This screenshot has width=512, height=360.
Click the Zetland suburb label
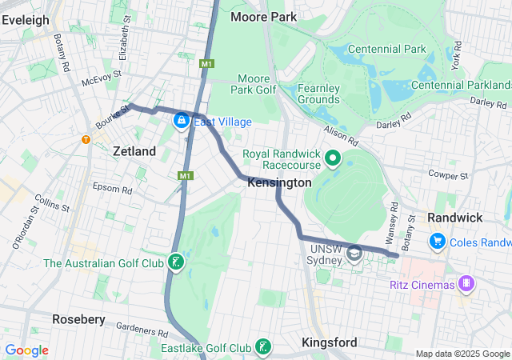pos(134,150)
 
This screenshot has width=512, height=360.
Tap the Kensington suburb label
pos(279,183)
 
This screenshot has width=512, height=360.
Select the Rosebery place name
pos(78,319)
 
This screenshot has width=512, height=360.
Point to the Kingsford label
pos(330,342)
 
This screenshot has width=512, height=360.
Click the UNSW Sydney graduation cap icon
pos(354,253)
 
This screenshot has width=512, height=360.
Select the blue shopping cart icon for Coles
pos(437,240)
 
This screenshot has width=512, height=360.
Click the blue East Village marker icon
pos(182,121)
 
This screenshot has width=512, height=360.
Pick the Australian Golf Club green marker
pos(175,262)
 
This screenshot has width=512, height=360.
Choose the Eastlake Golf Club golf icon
pos(262,346)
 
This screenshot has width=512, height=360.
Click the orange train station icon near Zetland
pos(86,140)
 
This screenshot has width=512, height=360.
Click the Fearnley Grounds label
pos(320,93)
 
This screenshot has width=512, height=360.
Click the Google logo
pos(26,350)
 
